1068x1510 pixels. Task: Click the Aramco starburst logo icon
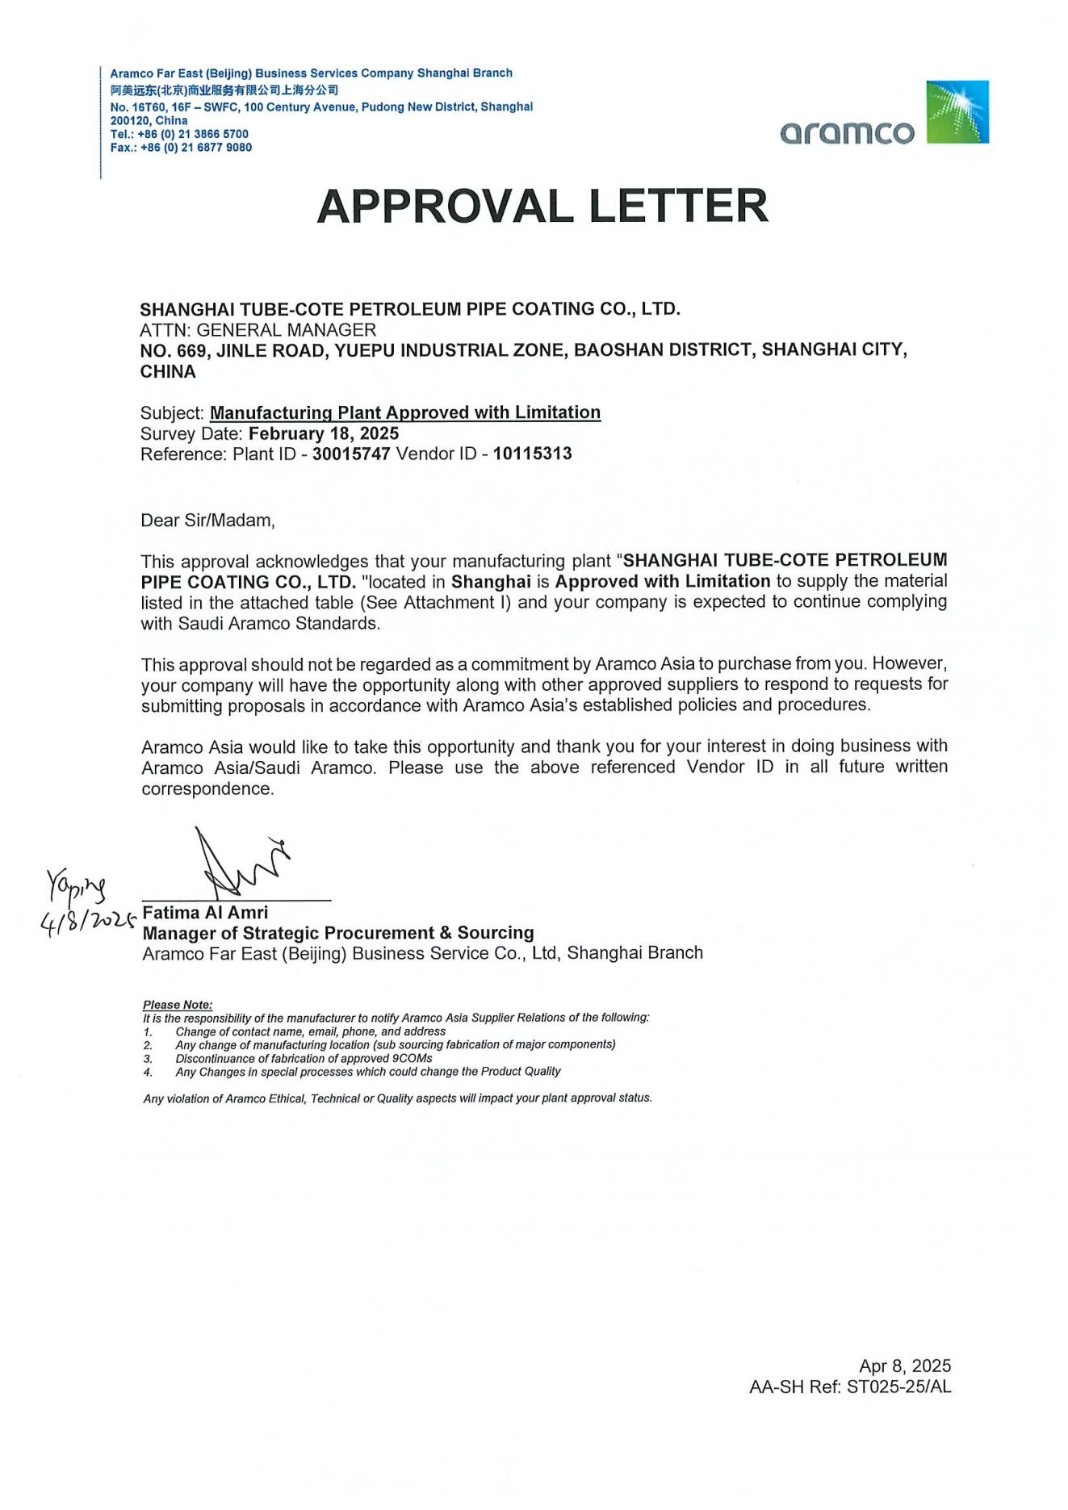[957, 112]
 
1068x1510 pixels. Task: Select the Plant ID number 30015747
[351, 454]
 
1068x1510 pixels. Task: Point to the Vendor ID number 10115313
[532, 454]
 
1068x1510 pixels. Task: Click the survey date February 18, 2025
[324, 433]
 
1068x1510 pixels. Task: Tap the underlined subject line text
[404, 413]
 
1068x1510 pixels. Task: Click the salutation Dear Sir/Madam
[207, 521]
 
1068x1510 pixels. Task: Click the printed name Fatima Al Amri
[205, 913]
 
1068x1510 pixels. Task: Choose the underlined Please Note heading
[178, 1005]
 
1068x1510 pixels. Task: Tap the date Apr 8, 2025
[905, 1366]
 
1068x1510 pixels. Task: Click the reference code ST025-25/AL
[899, 1387]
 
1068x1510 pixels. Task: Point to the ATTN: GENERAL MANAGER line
[258, 330]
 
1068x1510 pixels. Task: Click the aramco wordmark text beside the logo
[847, 132]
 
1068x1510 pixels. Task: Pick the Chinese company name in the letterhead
[224, 90]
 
